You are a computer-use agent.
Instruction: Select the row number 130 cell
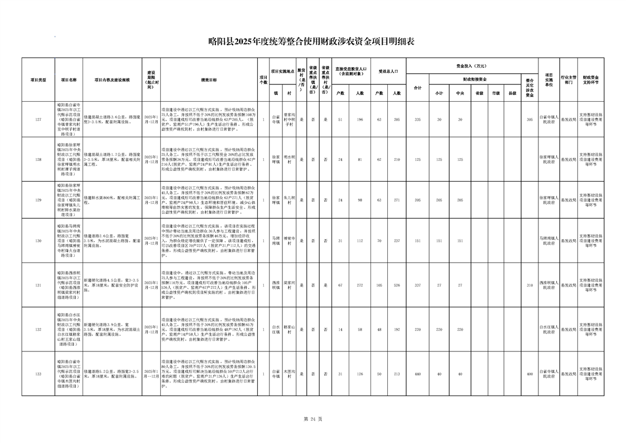click(x=38, y=241)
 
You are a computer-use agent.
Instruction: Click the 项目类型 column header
click(x=38, y=80)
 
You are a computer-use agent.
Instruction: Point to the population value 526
click(x=397, y=285)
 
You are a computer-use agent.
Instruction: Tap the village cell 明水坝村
click(x=288, y=159)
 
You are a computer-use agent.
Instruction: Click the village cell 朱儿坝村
click(x=288, y=199)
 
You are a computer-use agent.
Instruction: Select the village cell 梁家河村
click(x=288, y=285)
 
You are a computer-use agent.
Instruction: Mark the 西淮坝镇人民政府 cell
click(x=549, y=285)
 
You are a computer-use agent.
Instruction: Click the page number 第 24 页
click(x=312, y=418)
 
